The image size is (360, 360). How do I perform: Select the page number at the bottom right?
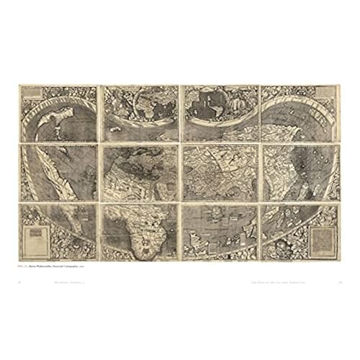(338, 284)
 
